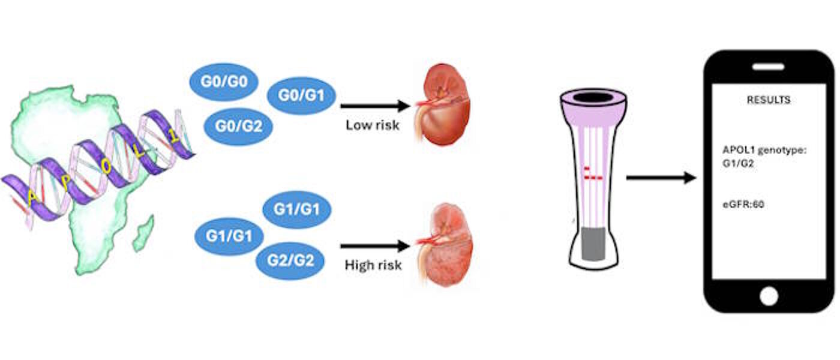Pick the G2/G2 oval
(290, 260)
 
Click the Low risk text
(372, 126)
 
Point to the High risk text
(373, 265)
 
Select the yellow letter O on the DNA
(106, 169)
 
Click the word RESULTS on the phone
(768, 100)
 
